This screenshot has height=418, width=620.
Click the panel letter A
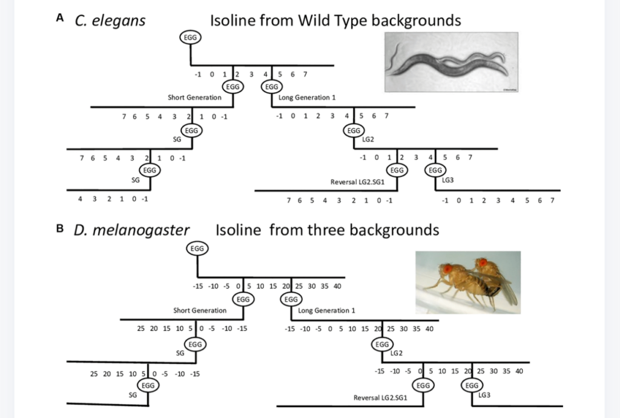[60, 18]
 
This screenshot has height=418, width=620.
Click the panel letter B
[60, 229]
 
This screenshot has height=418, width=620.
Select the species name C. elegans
[110, 21]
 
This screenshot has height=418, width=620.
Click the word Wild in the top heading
[314, 21]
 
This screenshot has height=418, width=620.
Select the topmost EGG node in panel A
[191, 38]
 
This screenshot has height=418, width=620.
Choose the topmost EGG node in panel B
[197, 248]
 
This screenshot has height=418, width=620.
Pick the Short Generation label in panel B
[200, 310]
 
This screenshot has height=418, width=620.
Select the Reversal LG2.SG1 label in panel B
[380, 398]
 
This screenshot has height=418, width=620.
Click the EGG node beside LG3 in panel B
[472, 385]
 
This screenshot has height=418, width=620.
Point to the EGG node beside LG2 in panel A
[353, 130]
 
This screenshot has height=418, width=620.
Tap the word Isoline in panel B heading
[239, 230]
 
